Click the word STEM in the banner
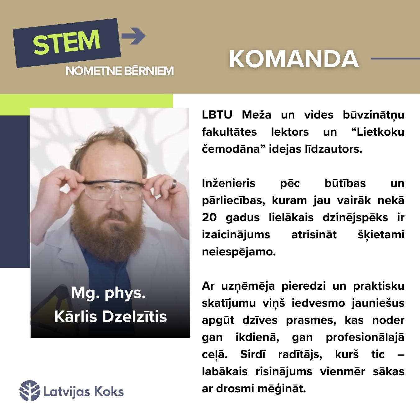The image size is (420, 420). pos(67,42)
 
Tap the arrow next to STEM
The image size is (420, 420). pos(133,36)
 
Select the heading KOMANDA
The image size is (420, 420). pos(294,59)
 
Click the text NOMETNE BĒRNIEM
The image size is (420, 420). pos(120,71)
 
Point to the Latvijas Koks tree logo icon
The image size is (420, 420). pos(30,390)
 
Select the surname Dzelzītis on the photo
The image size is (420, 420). pos(134,317)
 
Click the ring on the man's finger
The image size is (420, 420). pos(174,184)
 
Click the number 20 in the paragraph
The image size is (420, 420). pos(209,217)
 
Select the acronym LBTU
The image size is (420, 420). pos(217,115)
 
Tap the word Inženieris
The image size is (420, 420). pos(229,183)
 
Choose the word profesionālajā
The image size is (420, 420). pos(365,337)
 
